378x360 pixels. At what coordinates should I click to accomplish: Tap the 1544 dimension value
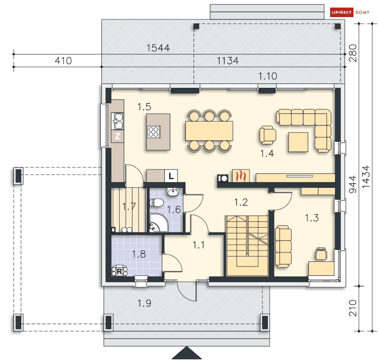[x=158, y=48]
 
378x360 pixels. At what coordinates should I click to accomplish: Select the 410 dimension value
[x=63, y=61]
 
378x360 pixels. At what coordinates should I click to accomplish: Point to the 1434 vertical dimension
[x=366, y=177]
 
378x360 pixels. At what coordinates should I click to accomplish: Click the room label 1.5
[x=145, y=107]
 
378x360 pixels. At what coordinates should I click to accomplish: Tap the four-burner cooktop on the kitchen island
[x=154, y=132]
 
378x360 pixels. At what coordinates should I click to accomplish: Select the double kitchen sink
[x=117, y=121]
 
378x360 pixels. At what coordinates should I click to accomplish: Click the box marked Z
[x=117, y=137]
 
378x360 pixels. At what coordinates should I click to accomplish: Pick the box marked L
[x=171, y=176]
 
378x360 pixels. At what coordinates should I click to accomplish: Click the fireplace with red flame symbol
[x=240, y=176]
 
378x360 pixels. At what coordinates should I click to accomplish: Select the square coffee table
[x=298, y=142]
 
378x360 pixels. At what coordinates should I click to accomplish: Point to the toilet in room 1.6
[x=157, y=202]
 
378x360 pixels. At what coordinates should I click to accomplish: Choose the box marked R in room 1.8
[x=119, y=271]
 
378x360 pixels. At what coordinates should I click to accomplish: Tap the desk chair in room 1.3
[x=321, y=253]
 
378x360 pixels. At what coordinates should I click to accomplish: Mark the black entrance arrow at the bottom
[x=187, y=354]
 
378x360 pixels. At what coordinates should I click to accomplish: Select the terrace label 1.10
[x=267, y=76]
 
